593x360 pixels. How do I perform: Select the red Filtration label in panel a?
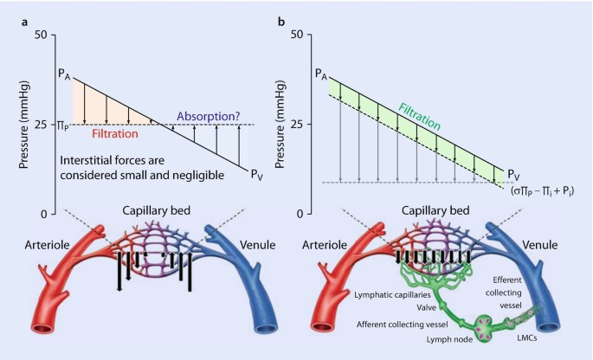tap(115, 135)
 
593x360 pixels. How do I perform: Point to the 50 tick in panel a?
tap(39, 35)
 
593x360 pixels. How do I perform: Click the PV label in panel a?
tap(256, 174)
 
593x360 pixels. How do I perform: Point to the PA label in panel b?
tap(319, 75)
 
